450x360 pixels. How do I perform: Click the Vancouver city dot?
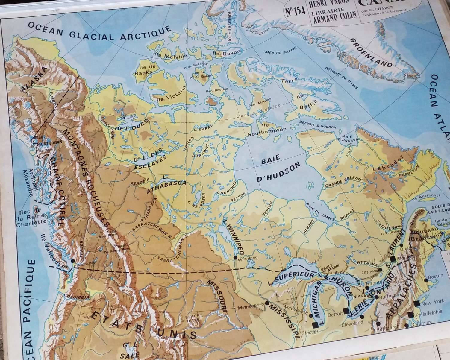(x=73, y=261)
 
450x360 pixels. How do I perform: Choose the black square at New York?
(x=416, y=304)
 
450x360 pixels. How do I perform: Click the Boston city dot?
(x=426, y=281)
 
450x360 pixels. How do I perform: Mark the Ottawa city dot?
(x=380, y=270)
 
